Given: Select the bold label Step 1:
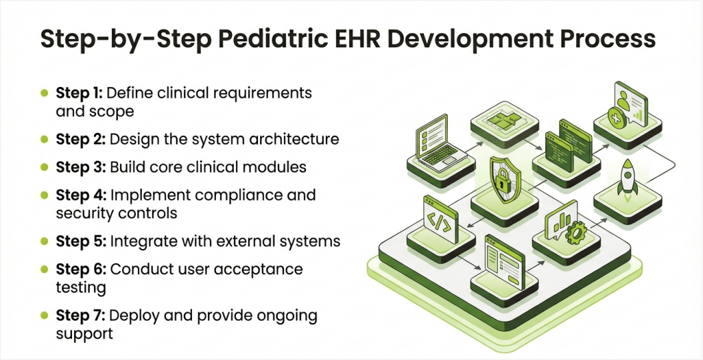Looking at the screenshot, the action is (80, 93).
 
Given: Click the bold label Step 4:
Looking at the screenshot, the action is (80, 195).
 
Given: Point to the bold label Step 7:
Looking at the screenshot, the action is (80, 315).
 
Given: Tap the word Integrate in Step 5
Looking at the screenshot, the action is (139, 241).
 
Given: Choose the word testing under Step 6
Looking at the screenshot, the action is (81, 287).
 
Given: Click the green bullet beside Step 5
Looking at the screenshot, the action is (44, 241).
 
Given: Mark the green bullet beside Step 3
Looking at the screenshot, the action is (44, 167).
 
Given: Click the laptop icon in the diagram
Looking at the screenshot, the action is (441, 144).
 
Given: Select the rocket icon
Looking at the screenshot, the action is (627, 177).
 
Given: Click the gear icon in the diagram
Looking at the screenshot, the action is (575, 233).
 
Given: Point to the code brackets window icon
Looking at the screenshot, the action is (440, 219).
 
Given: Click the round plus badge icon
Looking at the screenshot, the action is (617, 117).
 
